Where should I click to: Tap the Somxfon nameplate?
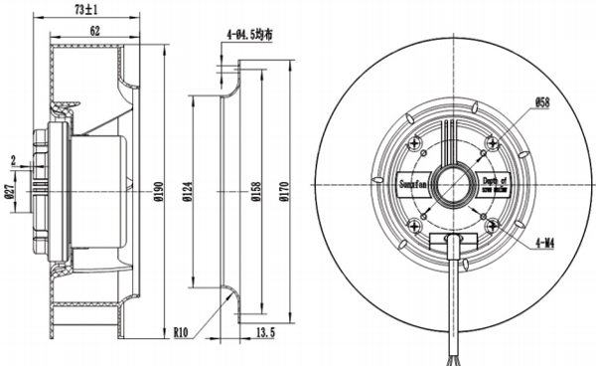413,183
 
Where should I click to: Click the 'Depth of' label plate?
494,183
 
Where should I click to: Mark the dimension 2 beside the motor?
12,160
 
